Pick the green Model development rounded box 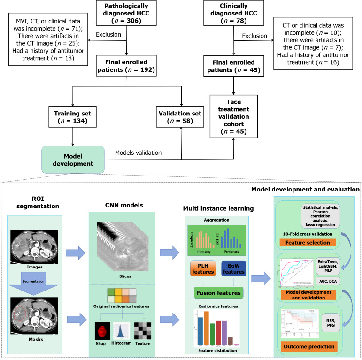click(73, 158)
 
